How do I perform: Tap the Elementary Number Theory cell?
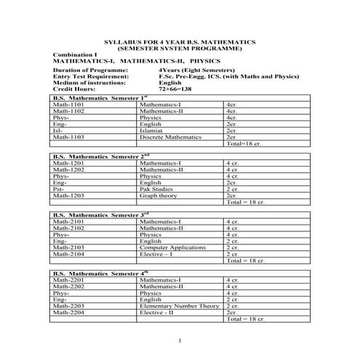179,306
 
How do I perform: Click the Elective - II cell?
157,313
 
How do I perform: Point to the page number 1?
179,340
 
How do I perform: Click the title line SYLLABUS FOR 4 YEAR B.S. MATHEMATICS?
180,42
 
